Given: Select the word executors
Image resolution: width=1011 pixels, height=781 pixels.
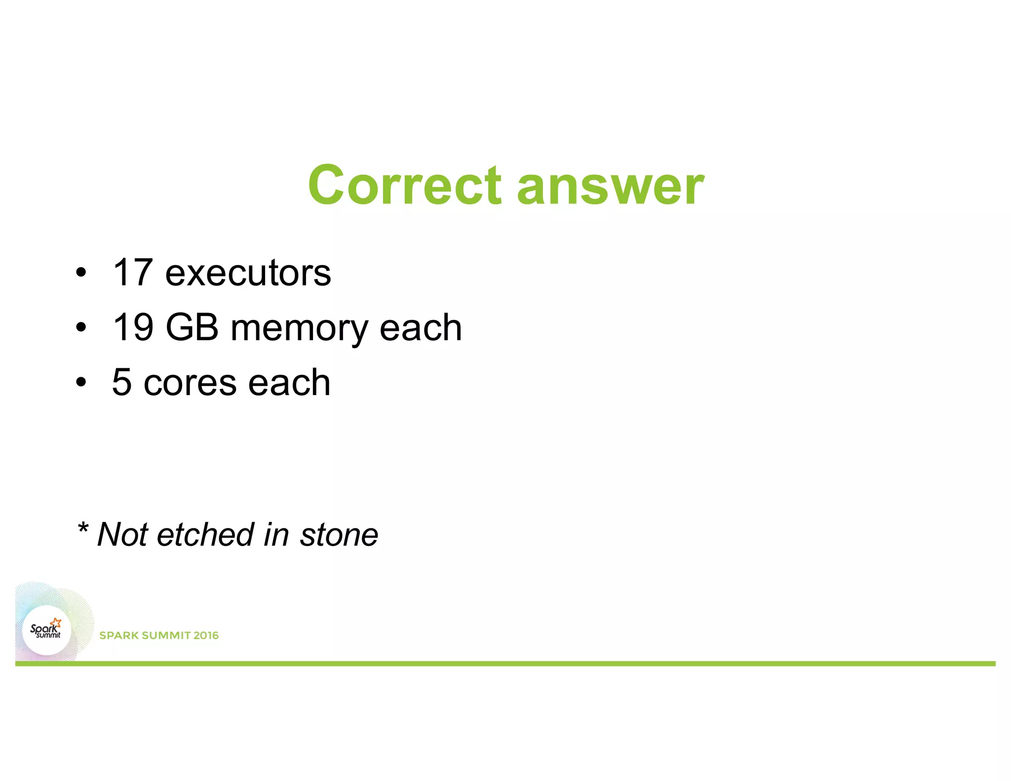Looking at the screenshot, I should (x=248, y=273).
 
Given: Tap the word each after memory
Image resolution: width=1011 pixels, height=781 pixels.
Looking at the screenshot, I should (x=421, y=328).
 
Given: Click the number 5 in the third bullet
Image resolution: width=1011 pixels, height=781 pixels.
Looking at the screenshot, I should (x=121, y=382).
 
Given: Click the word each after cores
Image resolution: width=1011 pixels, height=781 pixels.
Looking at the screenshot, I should (x=289, y=383).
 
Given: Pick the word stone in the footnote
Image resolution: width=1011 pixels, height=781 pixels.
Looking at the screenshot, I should (x=339, y=535).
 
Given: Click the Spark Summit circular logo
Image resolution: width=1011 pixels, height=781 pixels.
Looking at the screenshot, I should (x=46, y=630).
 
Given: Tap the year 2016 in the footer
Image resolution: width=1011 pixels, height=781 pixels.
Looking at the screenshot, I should (x=206, y=635).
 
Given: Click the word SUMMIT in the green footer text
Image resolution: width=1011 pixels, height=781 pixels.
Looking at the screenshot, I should (x=166, y=635).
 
